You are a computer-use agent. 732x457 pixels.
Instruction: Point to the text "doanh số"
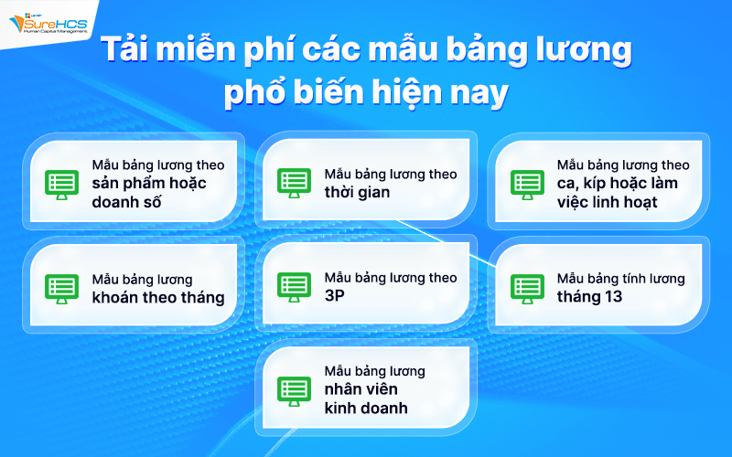pos(127,202)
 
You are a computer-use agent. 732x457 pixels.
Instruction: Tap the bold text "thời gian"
pos(357,192)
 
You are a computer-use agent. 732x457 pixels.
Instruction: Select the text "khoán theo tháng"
pos(157,297)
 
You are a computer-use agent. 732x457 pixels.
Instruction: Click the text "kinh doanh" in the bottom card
pos(366,408)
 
